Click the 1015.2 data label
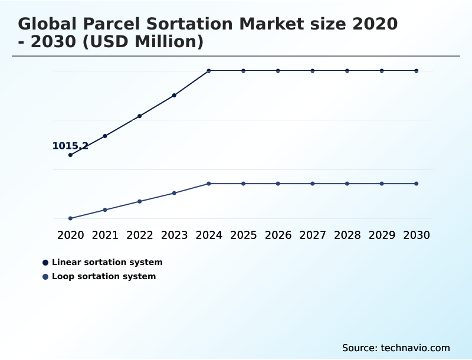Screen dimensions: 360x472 (70, 146)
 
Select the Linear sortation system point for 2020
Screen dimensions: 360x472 (71, 155)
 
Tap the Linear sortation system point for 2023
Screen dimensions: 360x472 (174, 95)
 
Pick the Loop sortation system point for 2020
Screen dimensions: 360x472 (71, 218)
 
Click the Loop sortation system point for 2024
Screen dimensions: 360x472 (209, 184)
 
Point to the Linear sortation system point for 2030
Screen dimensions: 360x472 (416, 71)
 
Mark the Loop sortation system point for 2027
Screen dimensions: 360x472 (313, 184)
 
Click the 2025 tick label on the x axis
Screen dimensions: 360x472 (243, 235)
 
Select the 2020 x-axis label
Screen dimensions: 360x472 (71, 235)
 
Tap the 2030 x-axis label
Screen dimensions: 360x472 (416, 235)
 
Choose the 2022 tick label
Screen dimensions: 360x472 (140, 235)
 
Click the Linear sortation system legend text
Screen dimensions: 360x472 (107, 262)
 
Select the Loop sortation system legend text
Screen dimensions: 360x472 (104, 276)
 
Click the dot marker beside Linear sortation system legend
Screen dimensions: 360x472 (45, 263)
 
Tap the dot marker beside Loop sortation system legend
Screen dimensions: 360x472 (45, 277)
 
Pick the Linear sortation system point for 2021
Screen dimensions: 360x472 (105, 136)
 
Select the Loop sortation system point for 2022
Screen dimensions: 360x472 (140, 201)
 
